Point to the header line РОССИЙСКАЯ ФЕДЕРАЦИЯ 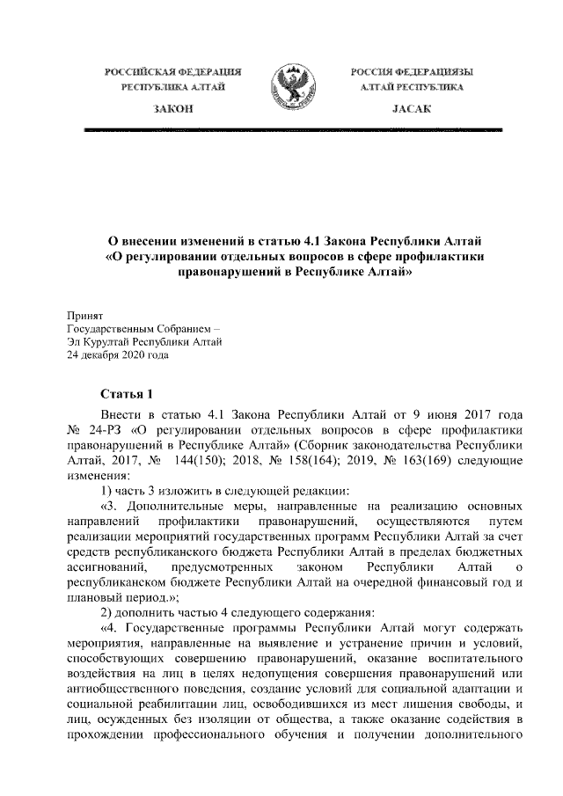tap(172, 70)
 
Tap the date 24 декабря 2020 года tap(116, 355)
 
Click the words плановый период tap(110, 596)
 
